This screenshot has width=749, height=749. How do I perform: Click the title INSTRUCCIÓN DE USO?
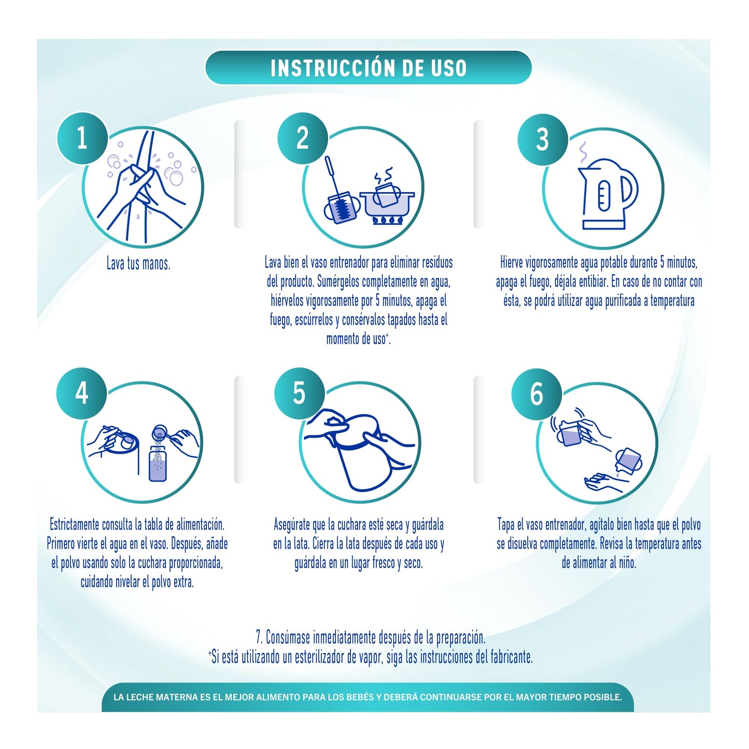369,68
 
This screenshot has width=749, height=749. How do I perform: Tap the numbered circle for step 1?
82,138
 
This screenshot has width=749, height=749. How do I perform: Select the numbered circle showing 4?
82,393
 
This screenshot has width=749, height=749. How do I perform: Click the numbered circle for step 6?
536,394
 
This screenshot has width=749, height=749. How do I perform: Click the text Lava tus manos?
138,264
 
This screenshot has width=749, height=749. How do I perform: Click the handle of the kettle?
629,190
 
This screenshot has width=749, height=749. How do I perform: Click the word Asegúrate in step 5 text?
292,525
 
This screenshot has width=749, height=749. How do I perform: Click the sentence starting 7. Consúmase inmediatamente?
370,637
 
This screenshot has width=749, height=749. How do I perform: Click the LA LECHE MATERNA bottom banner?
368,697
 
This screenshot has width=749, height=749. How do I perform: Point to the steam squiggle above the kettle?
583,152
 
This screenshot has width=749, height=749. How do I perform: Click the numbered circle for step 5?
299,393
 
